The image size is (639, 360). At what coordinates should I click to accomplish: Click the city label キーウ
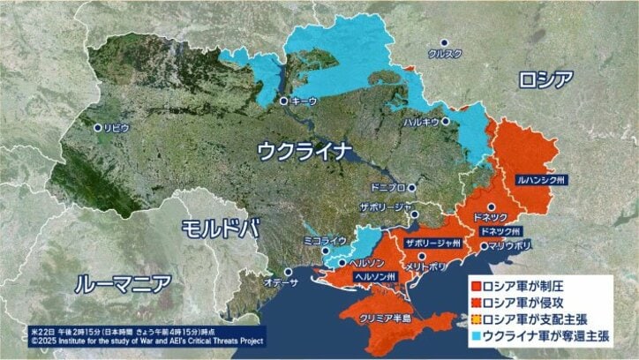pyautogui.click(x=304, y=101)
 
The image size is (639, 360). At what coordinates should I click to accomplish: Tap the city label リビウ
pyautogui.click(x=116, y=128)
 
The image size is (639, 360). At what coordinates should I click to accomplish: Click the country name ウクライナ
pyautogui.click(x=304, y=151)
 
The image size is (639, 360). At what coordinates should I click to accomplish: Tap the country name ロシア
pyautogui.click(x=546, y=79)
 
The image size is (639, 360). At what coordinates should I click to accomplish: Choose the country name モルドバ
pyautogui.click(x=220, y=228)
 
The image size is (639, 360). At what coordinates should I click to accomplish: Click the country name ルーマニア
pyautogui.click(x=123, y=284)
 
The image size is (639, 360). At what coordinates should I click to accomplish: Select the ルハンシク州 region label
pyautogui.click(x=542, y=178)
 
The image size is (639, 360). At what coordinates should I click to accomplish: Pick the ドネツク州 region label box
pyautogui.click(x=500, y=230)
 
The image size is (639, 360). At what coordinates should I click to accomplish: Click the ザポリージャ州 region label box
pyautogui.click(x=432, y=242)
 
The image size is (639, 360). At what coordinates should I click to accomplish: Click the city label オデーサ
pyautogui.click(x=281, y=281)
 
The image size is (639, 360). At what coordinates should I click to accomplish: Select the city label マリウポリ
pyautogui.click(x=510, y=245)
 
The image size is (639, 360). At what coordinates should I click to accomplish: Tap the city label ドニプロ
pyautogui.click(x=389, y=187)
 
